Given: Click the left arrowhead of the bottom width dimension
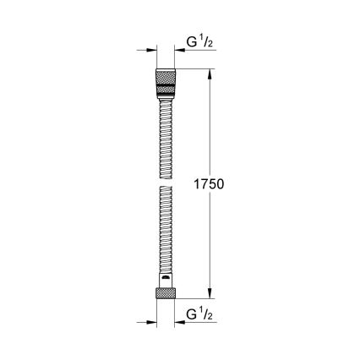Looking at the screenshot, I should tap(152, 322).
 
